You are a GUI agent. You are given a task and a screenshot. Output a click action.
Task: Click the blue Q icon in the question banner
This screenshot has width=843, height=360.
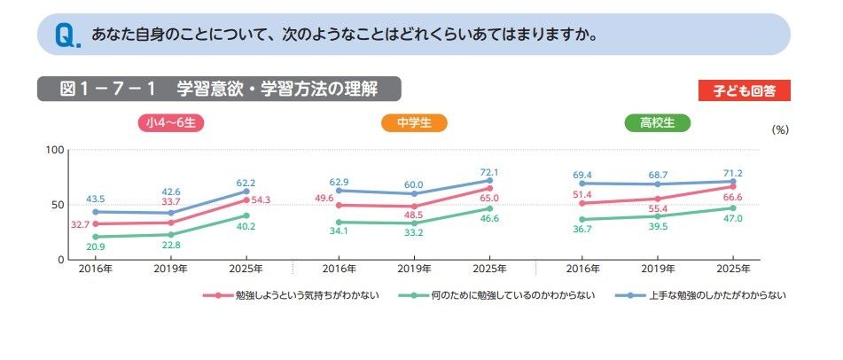pyautogui.click(x=67, y=35)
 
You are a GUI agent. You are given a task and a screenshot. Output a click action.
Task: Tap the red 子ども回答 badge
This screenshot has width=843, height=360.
pyautogui.click(x=744, y=90)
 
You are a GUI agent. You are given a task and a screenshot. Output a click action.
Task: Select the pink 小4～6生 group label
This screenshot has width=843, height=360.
pyautogui.click(x=171, y=123)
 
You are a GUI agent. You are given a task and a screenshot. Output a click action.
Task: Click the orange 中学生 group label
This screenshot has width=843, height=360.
pyautogui.click(x=414, y=123)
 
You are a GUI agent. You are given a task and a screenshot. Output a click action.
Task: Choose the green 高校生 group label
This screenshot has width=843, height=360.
pyautogui.click(x=657, y=123)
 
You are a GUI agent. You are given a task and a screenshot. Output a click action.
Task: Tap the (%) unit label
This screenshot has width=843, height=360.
pyautogui.click(x=779, y=129)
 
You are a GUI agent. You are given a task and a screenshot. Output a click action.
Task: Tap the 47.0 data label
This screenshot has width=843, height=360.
pyautogui.click(x=734, y=218)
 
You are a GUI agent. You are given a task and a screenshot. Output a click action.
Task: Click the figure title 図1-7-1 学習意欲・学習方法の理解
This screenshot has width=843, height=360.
pyautogui.click(x=218, y=89)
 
